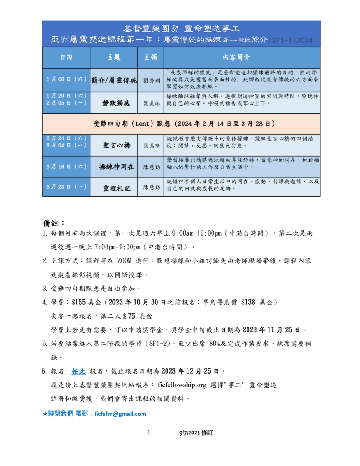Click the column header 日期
(x=66, y=57)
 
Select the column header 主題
(x=114, y=57)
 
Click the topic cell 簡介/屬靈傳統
(x=114, y=80)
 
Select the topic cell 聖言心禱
(x=114, y=146)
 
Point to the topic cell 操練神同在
(x=114, y=167)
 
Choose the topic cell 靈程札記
(x=114, y=187)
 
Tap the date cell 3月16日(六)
(x=66, y=167)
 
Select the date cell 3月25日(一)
(x=66, y=187)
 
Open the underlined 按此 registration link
(x=78, y=371)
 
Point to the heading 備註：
(x=54, y=223)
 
